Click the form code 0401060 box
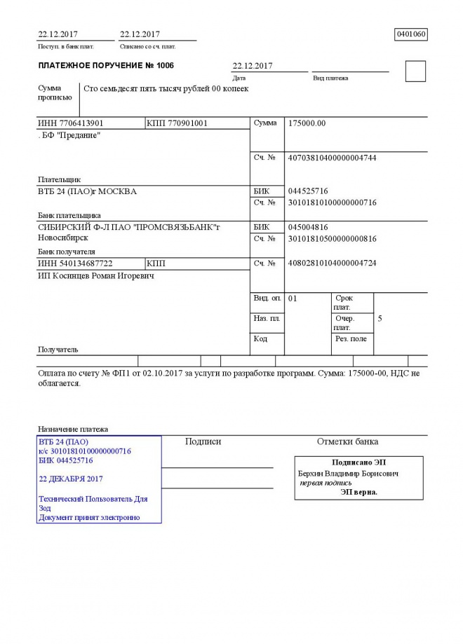(x=411, y=34)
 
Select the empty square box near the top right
(x=415, y=71)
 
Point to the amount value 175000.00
(x=307, y=123)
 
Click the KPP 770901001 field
(x=177, y=123)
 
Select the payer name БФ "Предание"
(x=70, y=135)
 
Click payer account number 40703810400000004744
(x=332, y=158)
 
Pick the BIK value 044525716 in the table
(x=308, y=191)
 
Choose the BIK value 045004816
(x=308, y=227)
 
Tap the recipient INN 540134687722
(x=75, y=263)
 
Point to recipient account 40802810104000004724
(x=332, y=263)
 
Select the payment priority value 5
(x=380, y=319)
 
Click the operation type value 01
(x=293, y=299)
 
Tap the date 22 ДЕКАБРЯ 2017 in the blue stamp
(x=71, y=479)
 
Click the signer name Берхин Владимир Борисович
(x=348, y=474)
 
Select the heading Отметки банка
(x=347, y=441)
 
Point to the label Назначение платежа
(x=72, y=429)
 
